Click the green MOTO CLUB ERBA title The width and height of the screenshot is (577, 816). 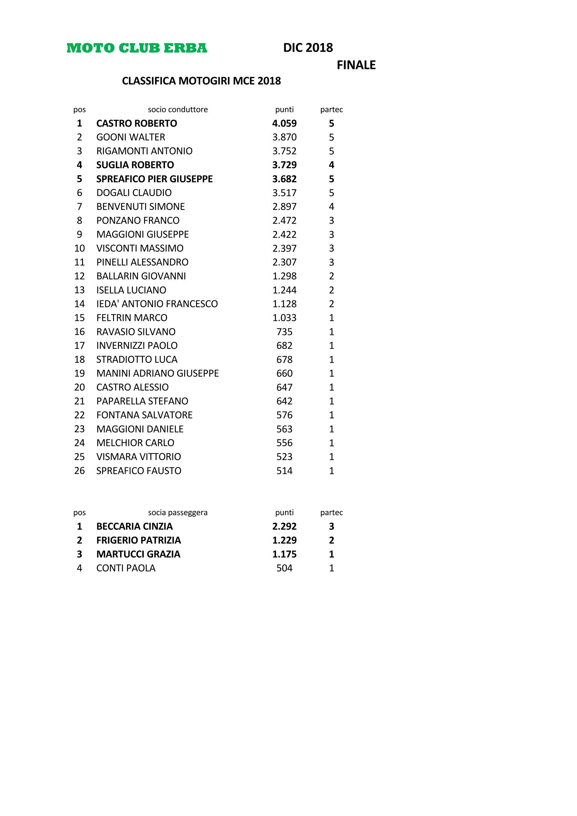pyautogui.click(x=137, y=48)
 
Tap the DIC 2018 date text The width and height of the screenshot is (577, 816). pyautogui.click(x=308, y=48)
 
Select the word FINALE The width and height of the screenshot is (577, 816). pyautogui.click(x=356, y=65)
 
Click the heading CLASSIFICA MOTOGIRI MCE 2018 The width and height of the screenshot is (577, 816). pyautogui.click(x=201, y=81)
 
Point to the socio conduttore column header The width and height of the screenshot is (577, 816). pyautogui.click(x=178, y=110)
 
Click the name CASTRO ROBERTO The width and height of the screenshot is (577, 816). pyautogui.click(x=136, y=123)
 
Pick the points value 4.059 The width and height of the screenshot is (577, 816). pyautogui.click(x=284, y=123)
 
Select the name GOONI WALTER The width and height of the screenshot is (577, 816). pyautogui.click(x=130, y=137)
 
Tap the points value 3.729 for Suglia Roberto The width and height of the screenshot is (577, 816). pyautogui.click(x=284, y=165)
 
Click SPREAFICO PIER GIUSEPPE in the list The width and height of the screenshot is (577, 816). pyautogui.click(x=154, y=179)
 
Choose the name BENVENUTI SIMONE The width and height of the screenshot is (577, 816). pyautogui.click(x=140, y=207)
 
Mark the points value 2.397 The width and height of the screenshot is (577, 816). pyautogui.click(x=284, y=248)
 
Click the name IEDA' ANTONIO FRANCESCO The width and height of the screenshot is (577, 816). pyautogui.click(x=157, y=304)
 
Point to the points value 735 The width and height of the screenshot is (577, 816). pyautogui.click(x=284, y=331)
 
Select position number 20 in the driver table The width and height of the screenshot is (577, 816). pyautogui.click(x=79, y=387)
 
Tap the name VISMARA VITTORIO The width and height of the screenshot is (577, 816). pyautogui.click(x=138, y=457)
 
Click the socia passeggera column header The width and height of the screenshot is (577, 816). pyautogui.click(x=178, y=512)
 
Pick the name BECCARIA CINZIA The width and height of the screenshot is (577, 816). pyautogui.click(x=134, y=526)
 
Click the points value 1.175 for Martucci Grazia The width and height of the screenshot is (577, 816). pyautogui.click(x=284, y=554)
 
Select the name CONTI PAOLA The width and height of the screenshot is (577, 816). pyautogui.click(x=126, y=568)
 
